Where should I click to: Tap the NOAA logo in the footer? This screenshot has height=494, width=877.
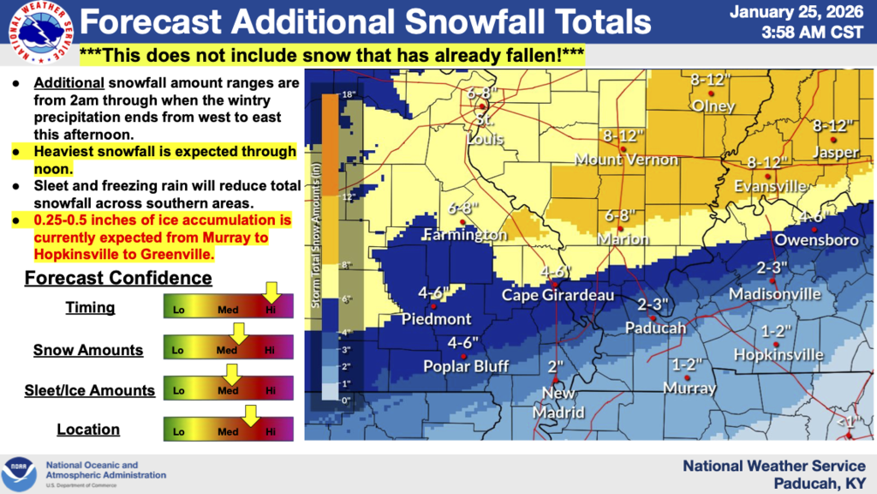pyautogui.click(x=19, y=473)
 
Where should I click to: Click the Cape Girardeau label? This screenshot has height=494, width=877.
pyautogui.click(x=558, y=295)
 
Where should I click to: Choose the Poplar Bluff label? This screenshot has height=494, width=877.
pyautogui.click(x=466, y=366)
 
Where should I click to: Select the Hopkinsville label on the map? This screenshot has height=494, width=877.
pyautogui.click(x=779, y=354)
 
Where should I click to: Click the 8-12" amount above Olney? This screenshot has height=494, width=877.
pyautogui.click(x=709, y=81)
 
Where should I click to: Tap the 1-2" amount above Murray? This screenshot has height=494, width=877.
pyautogui.click(x=688, y=364)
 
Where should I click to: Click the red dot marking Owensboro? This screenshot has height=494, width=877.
pyautogui.click(x=814, y=230)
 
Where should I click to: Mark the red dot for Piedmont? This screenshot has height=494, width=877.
pyautogui.click(x=434, y=305)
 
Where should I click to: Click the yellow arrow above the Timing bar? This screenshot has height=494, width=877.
pyautogui.click(x=271, y=292)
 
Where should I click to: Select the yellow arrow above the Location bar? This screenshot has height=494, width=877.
pyautogui.click(x=249, y=415)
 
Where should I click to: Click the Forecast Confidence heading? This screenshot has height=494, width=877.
pyautogui.click(x=118, y=278)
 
